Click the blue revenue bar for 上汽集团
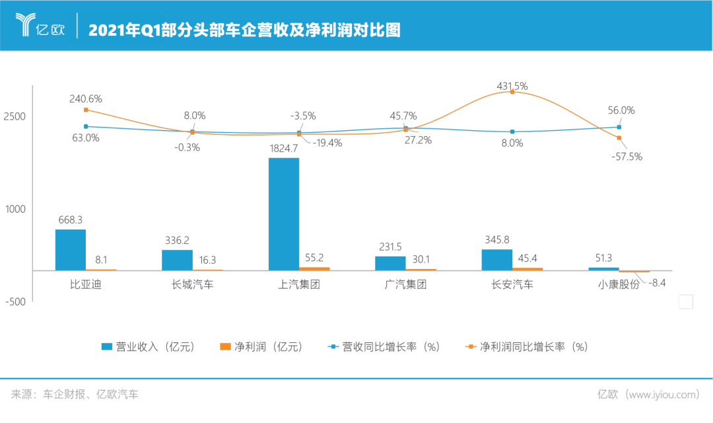pyautogui.click(x=284, y=213)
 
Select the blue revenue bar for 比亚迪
pyautogui.click(x=70, y=249)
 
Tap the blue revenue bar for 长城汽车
pyautogui.click(x=177, y=260)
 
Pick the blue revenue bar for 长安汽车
pyautogui.click(x=496, y=259)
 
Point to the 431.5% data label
pyautogui.click(x=512, y=86)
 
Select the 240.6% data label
pyautogui.click(x=86, y=98)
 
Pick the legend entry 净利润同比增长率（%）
pyautogui.click(x=526, y=347)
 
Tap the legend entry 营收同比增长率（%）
pyautogui.click(x=384, y=347)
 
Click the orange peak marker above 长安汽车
pyautogui.click(x=512, y=92)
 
